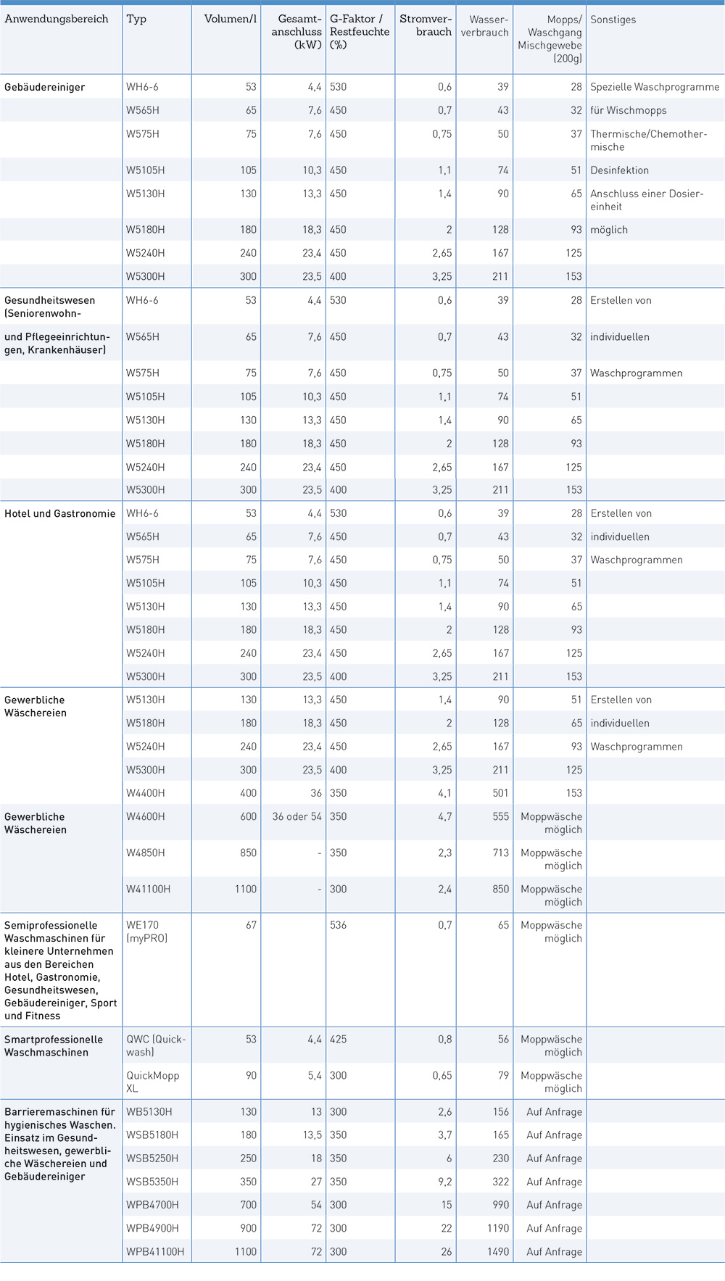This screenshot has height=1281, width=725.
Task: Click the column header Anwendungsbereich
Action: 57,19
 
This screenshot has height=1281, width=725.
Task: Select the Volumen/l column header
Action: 231,19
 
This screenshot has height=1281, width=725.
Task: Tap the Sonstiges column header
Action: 613,20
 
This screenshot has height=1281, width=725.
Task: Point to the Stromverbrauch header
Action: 426,25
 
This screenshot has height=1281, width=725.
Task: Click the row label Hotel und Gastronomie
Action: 60,513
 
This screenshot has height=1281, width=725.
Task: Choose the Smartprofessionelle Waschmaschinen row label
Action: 54,1046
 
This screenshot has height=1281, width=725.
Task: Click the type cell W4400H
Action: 146,793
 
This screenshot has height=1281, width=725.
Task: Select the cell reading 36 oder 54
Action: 297,816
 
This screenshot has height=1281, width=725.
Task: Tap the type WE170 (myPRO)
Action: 147,932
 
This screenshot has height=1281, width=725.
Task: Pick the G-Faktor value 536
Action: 339,925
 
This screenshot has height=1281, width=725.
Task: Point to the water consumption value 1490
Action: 498,1251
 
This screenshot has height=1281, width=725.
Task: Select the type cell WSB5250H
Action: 152,1158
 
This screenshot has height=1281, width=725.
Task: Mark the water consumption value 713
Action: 501,853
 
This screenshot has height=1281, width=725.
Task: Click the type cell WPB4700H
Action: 153,1205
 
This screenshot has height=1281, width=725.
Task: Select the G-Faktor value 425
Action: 339,1040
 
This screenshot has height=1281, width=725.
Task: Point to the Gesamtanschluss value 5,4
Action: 315,1076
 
